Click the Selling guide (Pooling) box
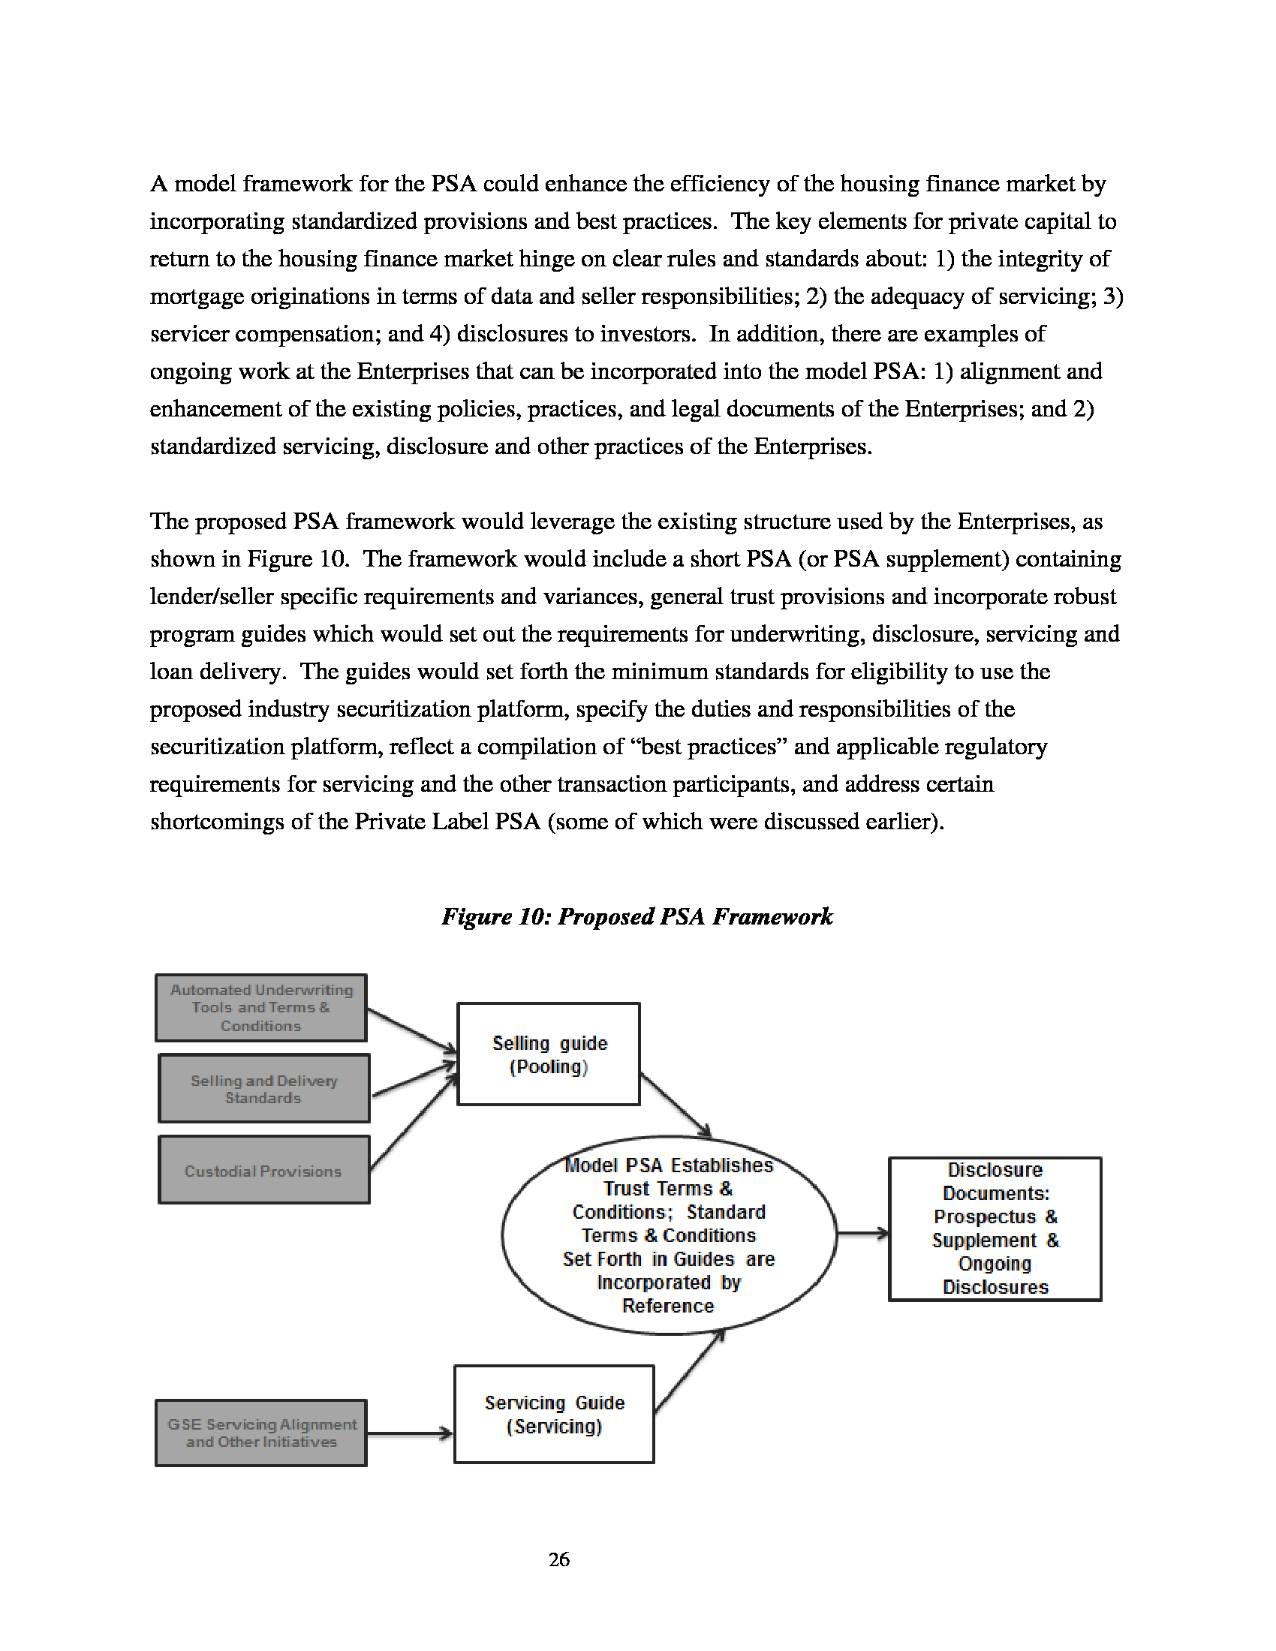pyautogui.click(x=549, y=1054)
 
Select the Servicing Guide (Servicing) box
pyautogui.click(x=554, y=1414)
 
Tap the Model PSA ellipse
pyautogui.click(x=669, y=1235)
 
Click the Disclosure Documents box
pyautogui.click(x=995, y=1228)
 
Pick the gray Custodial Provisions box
pyautogui.click(x=263, y=1170)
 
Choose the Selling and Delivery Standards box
pyautogui.click(x=263, y=1089)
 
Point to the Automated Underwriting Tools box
pyautogui.click(x=261, y=1008)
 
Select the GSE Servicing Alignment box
pyautogui.click(x=261, y=1433)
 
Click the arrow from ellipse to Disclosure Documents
pyautogui.click(x=862, y=1234)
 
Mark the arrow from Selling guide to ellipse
pyautogui.click(x=675, y=1105)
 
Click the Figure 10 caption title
pyautogui.click(x=637, y=916)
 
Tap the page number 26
pyautogui.click(x=559, y=1559)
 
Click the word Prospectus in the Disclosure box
pyautogui.click(x=984, y=1216)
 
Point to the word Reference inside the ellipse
pyautogui.click(x=668, y=1306)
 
